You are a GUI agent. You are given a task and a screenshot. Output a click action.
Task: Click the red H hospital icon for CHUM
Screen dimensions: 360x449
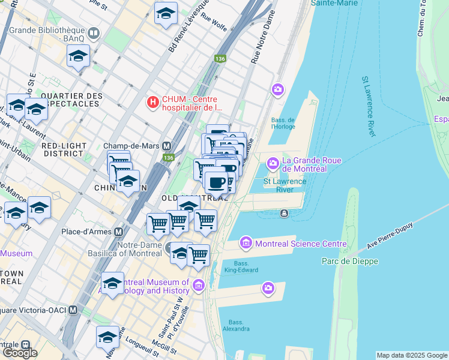(153, 103)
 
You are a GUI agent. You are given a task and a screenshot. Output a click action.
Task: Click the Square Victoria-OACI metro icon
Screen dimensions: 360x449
(73, 310)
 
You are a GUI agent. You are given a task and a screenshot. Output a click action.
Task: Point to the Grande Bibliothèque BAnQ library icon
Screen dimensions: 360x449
(93, 32)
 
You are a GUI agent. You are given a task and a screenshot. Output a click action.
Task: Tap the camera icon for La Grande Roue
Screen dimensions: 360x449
(273, 163)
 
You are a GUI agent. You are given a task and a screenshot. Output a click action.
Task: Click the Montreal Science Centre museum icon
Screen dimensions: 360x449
(246, 243)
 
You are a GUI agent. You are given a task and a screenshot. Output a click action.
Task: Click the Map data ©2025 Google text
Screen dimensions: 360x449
(411, 355)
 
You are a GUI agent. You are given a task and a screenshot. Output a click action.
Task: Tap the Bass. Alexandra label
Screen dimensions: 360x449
(236, 325)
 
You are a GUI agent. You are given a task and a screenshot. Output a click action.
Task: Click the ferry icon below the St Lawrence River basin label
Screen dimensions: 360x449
(283, 213)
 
